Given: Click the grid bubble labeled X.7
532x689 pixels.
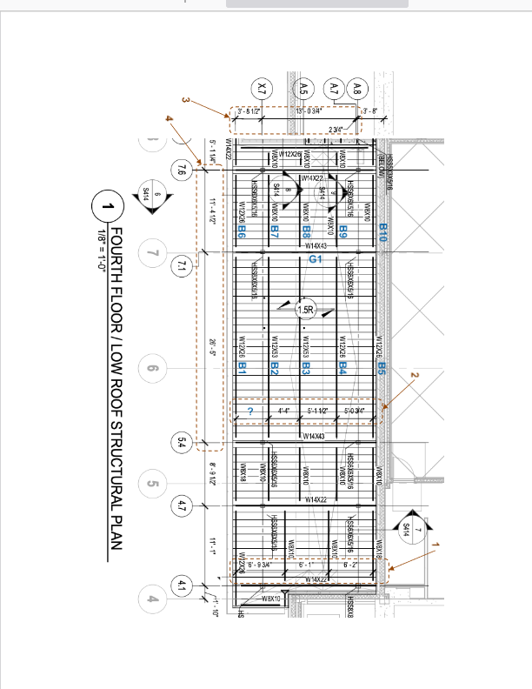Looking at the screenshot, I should coord(264,87).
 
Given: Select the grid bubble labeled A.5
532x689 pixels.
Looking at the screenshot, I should coord(303,87).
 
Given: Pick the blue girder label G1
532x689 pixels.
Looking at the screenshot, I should coord(316,259).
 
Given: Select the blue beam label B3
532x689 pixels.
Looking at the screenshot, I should coord(306,368).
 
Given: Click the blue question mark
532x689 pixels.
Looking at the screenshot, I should coord(249,411).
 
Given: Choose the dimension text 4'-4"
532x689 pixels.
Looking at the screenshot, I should coord(283,410).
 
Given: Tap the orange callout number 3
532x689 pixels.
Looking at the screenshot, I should coord(185,100).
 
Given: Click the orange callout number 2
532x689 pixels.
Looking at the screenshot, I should coord(414,376).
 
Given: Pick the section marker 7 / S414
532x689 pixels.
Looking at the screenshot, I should coord(405,527).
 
